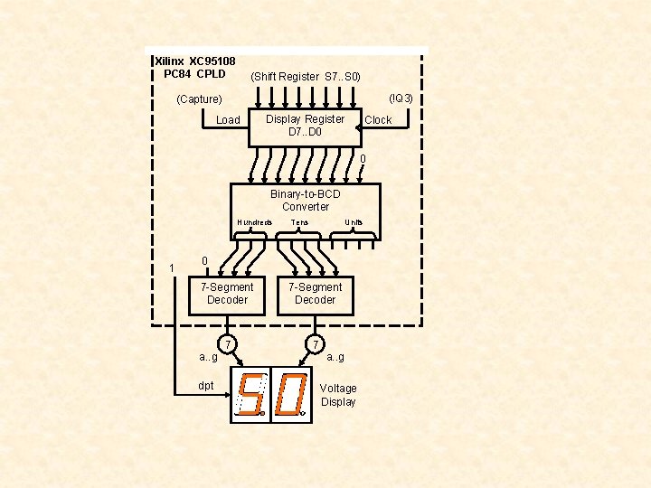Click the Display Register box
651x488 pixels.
point(305,127)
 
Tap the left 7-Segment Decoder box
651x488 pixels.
point(227,294)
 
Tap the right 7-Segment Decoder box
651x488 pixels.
point(315,294)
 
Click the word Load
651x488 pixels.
point(229,120)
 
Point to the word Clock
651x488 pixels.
point(378,120)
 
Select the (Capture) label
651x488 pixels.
point(199,99)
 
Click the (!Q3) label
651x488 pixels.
point(401,98)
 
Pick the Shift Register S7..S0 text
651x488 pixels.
point(306,77)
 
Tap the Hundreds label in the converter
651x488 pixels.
point(254,222)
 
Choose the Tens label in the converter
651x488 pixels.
point(299,222)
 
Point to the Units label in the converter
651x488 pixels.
point(354,222)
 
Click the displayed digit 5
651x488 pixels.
point(250,396)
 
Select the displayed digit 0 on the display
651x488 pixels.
point(290,396)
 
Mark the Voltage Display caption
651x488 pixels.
point(338,395)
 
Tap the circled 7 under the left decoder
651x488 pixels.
point(229,344)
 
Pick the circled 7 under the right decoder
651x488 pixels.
point(314,344)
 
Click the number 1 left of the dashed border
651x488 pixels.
point(171,268)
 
